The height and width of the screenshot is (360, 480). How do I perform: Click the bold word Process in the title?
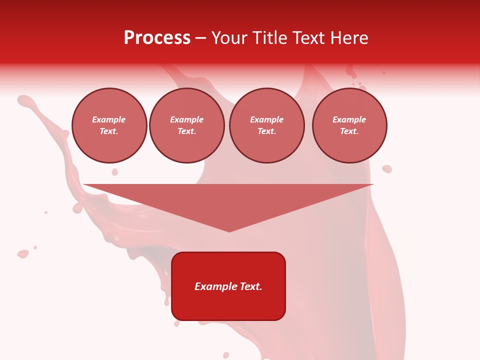pos(157,38)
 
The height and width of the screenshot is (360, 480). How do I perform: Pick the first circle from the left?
pos(109,125)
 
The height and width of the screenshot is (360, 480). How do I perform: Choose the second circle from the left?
pos(187,125)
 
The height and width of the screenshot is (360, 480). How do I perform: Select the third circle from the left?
pos(267,125)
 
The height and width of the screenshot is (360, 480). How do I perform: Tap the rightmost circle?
pos(349,125)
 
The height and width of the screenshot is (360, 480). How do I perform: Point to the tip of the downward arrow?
pos(229,231)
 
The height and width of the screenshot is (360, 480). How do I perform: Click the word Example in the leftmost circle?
pos(109,120)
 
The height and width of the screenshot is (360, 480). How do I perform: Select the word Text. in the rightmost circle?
pos(349,131)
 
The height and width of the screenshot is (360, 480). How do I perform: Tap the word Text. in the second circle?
pos(187,131)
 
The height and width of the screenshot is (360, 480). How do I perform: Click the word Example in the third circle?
pos(267,120)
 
